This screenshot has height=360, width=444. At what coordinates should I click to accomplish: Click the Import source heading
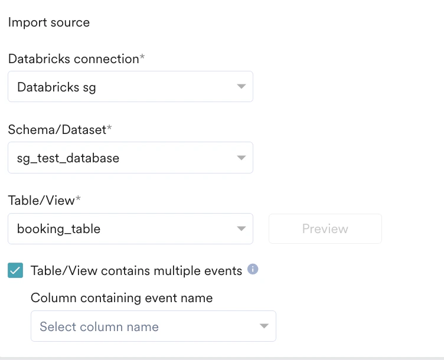coord(48,22)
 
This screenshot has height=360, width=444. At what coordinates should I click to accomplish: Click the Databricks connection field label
coord(74,59)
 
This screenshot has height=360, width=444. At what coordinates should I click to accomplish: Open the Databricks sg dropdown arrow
coord(241,86)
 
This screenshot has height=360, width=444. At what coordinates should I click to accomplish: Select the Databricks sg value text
coord(57,87)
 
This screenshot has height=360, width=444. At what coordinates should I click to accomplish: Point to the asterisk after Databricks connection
coord(142,57)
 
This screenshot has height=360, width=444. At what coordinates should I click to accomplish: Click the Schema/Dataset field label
coord(57,130)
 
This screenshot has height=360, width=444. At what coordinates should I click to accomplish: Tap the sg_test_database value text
coord(68,158)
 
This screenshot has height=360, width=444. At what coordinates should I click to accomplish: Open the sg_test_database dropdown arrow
coord(241,158)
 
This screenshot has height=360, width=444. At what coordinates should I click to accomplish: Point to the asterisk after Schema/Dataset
coord(109,127)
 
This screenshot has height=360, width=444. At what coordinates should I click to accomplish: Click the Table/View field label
coord(41,201)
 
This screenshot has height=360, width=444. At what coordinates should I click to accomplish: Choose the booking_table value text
coord(58,228)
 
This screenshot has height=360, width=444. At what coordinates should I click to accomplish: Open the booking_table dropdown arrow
coord(241,228)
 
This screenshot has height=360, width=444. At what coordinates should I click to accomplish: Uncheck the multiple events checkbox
coord(15,270)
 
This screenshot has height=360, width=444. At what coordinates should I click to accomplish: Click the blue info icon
coord(253,269)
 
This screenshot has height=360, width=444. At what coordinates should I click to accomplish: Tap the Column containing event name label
coord(122,297)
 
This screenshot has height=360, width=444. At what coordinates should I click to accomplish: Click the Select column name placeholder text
coord(99,327)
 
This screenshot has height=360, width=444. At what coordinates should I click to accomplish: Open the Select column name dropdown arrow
coord(264,326)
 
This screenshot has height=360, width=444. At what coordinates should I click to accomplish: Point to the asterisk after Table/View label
coord(78,198)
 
